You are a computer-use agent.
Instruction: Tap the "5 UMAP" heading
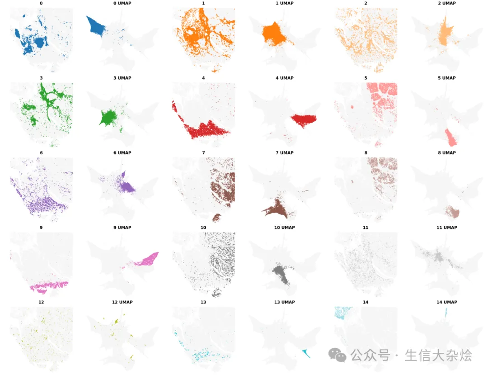tap(446, 78)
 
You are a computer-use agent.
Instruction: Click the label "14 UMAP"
tap(446, 302)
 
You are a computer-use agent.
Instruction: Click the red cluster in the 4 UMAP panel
tap(304, 120)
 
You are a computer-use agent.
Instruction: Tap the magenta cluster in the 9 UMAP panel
tap(147, 259)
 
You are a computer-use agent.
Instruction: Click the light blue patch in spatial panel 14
tap(343, 313)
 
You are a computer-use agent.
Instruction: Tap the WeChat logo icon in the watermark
tap(337, 355)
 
